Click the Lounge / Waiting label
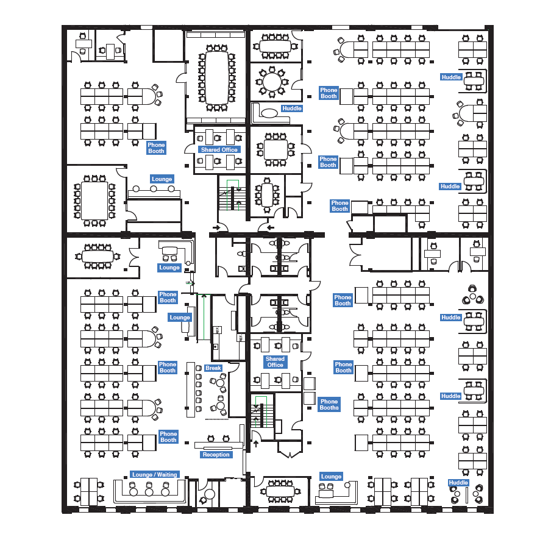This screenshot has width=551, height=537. (x=154, y=475)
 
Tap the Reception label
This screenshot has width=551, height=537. (x=216, y=455)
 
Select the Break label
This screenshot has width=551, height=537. (x=213, y=368)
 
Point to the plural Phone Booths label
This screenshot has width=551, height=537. (x=329, y=404)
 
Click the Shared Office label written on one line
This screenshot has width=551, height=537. (x=219, y=149)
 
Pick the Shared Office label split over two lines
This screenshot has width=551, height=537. (x=275, y=362)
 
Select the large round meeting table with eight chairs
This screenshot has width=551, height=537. (x=272, y=81)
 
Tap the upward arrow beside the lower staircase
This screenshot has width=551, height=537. (x=256, y=443)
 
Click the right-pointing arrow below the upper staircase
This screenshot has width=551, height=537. (x=217, y=228)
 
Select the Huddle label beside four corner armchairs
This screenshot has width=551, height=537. (x=458, y=483)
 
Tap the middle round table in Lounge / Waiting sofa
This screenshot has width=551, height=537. (x=149, y=491)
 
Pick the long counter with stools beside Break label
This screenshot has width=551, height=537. (x=190, y=390)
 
